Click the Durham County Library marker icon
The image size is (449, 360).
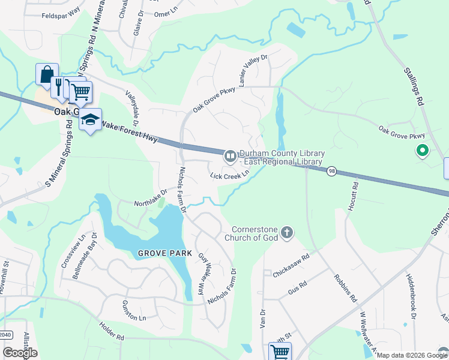(x=229, y=157)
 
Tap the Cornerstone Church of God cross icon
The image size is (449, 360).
(x=287, y=232)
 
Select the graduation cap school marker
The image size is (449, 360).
(x=90, y=120)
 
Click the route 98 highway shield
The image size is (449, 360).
(x=331, y=172)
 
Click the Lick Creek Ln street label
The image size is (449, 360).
(x=229, y=175)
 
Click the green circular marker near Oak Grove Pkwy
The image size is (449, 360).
(x=422, y=151)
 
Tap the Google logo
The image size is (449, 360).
(x=20, y=353)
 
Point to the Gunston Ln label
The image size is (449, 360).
(x=134, y=310)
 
